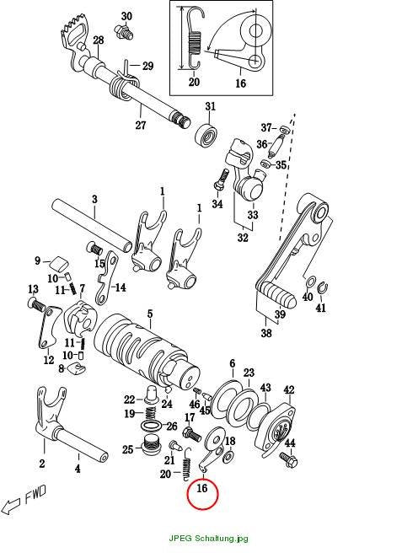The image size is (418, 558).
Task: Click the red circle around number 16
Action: [189, 495]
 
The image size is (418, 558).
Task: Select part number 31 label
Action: [210, 106]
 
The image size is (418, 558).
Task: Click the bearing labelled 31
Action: [206, 134]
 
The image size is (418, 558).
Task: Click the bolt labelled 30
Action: [124, 31]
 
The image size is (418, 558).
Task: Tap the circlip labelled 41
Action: [322, 288]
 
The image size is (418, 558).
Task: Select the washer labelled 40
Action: [310, 282]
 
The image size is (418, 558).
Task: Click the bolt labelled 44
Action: [288, 459]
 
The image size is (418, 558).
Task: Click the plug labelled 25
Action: [151, 443]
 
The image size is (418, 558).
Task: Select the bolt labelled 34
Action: [221, 180]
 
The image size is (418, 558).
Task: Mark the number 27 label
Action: [141, 126]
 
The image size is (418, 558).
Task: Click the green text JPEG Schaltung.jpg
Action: [208, 539]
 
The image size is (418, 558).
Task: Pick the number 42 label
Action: [289, 390]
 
